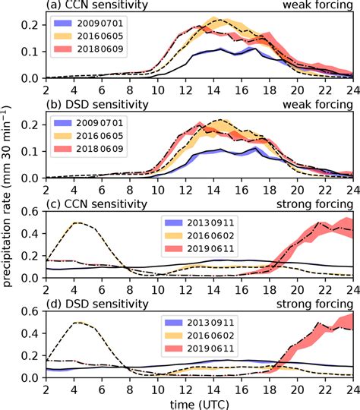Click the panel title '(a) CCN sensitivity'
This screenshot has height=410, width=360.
90,6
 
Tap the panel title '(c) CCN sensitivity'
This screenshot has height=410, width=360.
90,203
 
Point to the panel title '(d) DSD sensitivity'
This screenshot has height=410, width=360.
90,302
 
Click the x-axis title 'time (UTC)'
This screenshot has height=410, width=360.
199,403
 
